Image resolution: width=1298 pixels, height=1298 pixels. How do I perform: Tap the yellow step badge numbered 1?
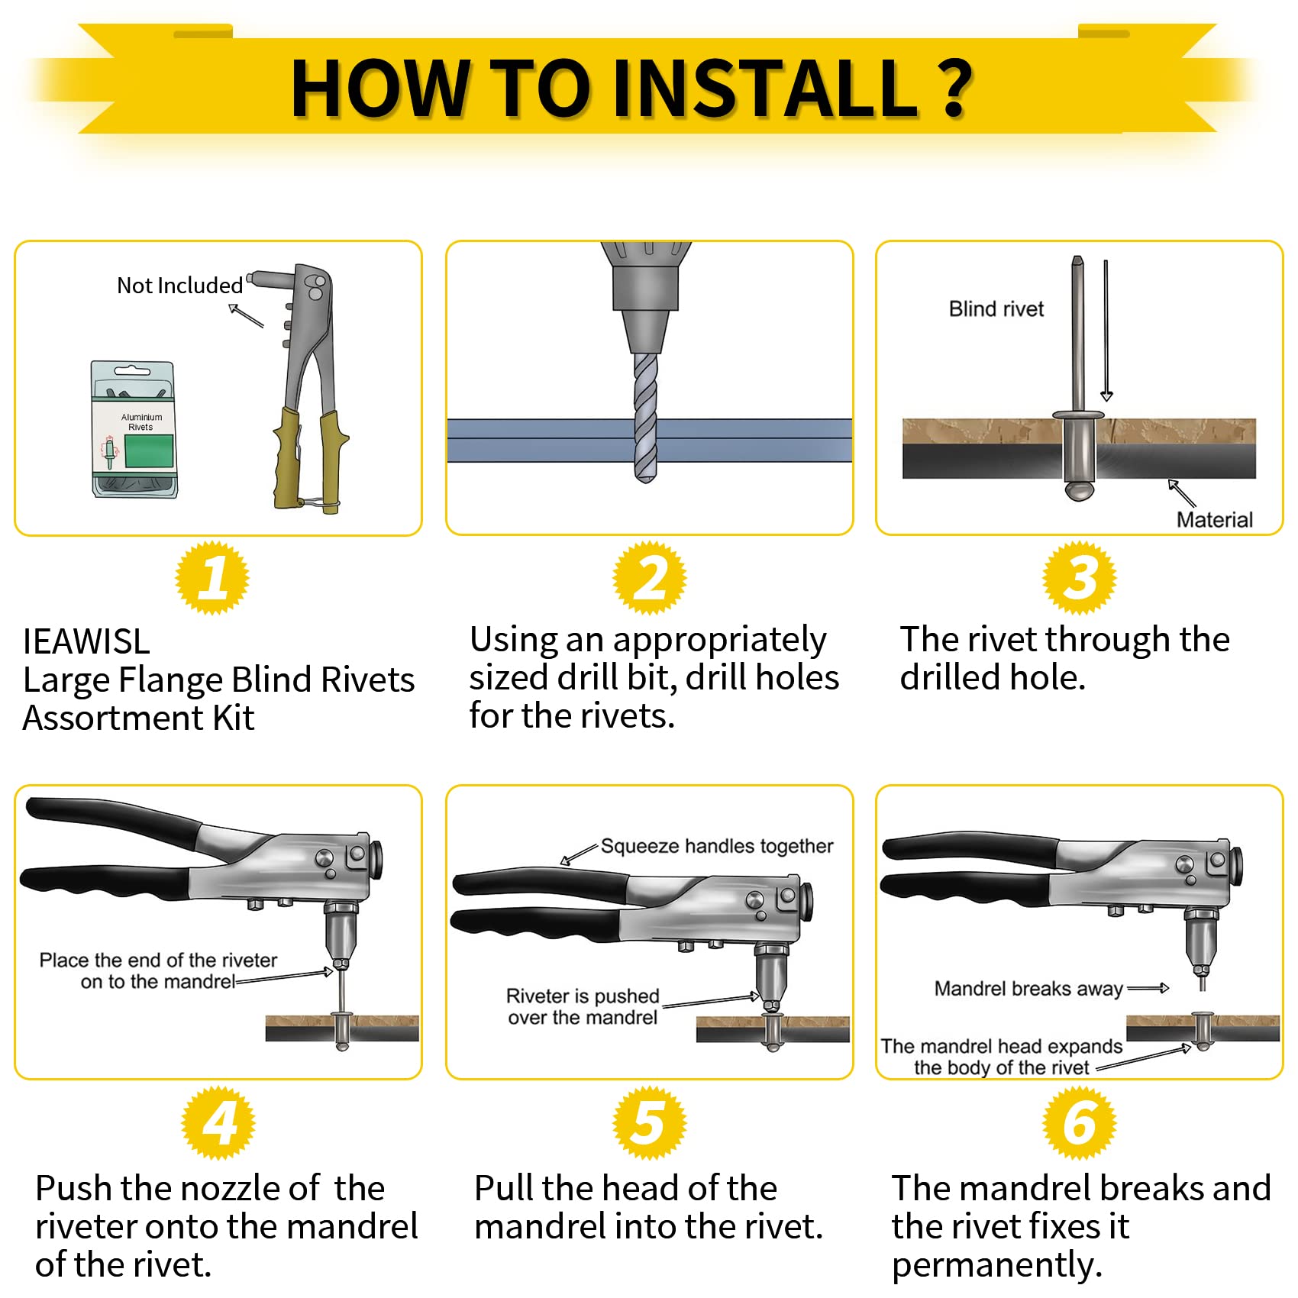coord(213,577)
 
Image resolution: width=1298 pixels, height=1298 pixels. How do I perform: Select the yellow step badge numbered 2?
coord(650,577)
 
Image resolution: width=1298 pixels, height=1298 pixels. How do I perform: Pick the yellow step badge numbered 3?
coord(1080,577)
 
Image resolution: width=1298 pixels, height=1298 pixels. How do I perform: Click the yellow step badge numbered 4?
coord(218,1122)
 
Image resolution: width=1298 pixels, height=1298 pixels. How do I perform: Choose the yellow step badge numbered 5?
coord(650,1122)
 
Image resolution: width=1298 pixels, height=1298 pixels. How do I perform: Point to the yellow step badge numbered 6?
coord(1080,1122)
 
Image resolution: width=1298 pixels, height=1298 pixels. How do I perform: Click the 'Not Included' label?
coord(180,286)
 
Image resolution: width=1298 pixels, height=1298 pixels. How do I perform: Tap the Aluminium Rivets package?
coord(135,429)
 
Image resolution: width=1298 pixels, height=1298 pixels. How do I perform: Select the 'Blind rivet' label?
coord(996,309)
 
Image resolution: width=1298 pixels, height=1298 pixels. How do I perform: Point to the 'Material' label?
coord(1214,520)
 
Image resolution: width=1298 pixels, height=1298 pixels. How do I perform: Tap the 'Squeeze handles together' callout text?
coord(717,846)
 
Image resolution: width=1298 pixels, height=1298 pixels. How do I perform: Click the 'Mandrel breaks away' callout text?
coord(1028,989)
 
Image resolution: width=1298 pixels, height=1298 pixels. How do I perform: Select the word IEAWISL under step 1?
coord(86,641)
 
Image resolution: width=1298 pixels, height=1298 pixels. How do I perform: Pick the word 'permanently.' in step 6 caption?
coord(997,1265)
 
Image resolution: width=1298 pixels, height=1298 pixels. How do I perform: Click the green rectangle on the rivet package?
coord(149,451)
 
